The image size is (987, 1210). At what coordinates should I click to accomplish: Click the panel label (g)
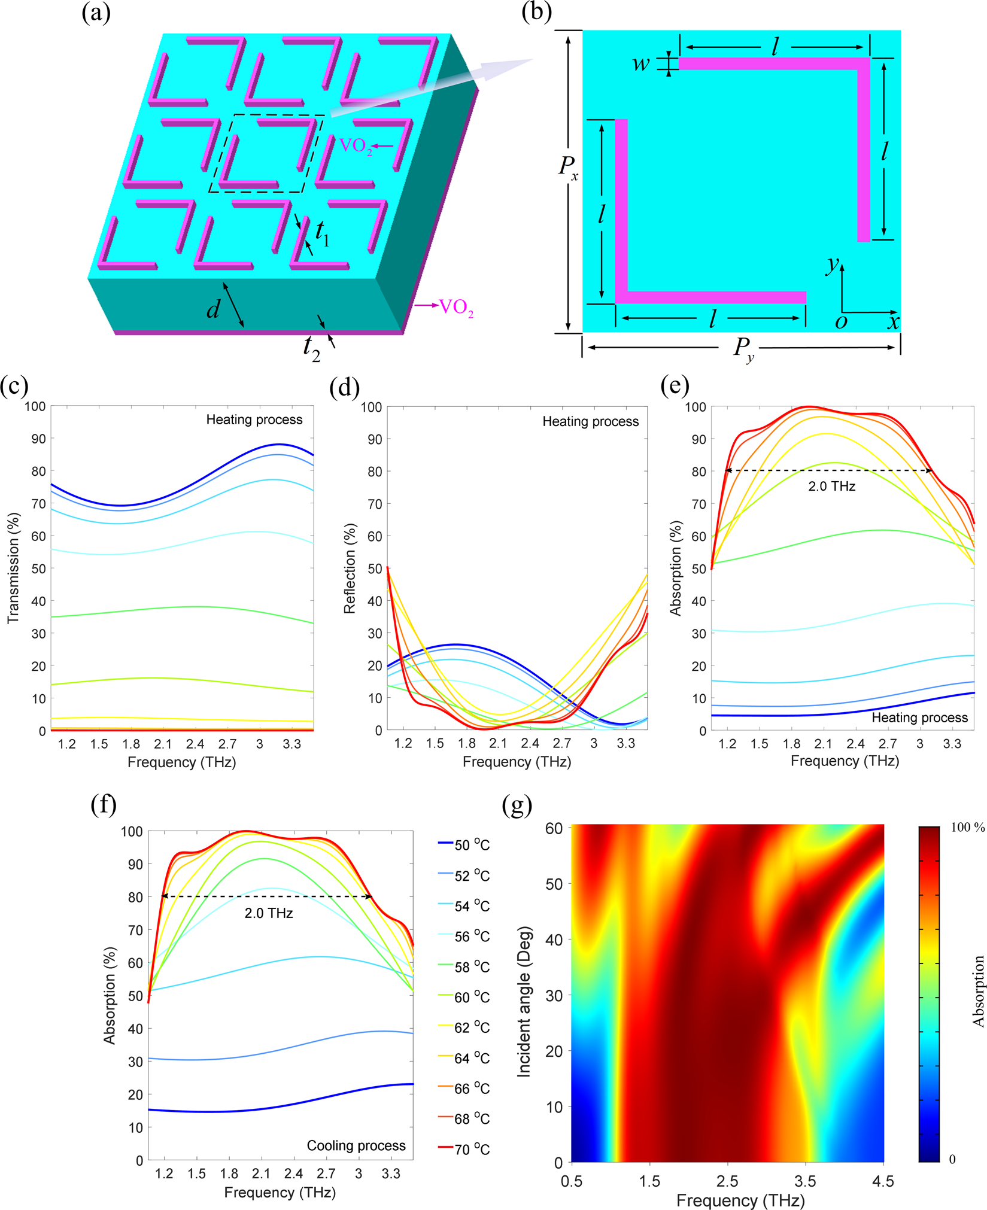518,805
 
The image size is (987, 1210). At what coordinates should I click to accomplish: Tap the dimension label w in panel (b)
641,63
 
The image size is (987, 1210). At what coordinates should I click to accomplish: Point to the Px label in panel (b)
568,167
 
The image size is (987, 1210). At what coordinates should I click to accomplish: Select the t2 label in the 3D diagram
312,348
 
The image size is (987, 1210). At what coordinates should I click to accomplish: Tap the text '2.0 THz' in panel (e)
831,487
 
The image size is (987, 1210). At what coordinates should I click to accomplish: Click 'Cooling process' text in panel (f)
356,1145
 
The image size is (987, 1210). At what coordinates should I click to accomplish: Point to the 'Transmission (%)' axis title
13,568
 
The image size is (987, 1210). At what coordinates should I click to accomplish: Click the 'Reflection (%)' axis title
350,568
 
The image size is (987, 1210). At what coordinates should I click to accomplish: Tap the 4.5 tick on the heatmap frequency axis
883,1181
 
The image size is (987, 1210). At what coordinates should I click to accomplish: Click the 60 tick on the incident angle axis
554,828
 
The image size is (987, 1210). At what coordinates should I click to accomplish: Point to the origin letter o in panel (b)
841,323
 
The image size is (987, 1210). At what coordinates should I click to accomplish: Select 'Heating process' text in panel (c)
254,419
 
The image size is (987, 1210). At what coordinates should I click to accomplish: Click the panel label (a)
96,13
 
